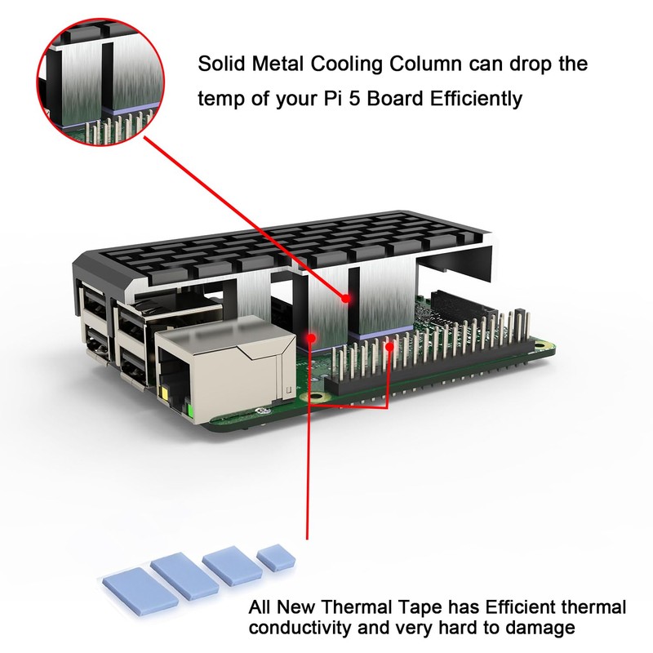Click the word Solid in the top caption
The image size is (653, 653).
220,64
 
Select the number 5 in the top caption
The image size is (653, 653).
354,99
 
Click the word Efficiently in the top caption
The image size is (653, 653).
476,99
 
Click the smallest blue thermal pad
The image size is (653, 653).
276,557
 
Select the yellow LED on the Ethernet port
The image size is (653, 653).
165,394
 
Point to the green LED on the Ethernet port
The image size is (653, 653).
190,411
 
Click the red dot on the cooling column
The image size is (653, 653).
345,298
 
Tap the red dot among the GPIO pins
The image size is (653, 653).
390,346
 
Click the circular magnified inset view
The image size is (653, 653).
100,82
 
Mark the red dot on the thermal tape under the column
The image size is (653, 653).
311,337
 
